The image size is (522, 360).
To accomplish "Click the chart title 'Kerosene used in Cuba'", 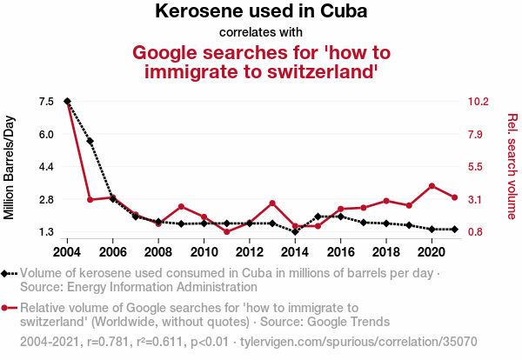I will [261, 12].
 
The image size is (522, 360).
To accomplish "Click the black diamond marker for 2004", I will [67, 102].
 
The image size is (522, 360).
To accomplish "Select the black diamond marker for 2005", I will [90, 141].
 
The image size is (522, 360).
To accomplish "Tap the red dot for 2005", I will [90, 200].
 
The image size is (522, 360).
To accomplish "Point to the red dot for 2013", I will [272, 203].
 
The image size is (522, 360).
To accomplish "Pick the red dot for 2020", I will [432, 186].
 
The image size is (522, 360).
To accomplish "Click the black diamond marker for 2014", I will [295, 232].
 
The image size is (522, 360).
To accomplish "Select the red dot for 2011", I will [226, 232].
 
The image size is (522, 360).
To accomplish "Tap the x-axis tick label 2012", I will [249, 252].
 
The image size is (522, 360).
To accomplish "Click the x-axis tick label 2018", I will [385, 252].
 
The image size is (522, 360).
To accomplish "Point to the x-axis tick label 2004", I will [67, 252].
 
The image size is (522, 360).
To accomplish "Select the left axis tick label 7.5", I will [47, 102].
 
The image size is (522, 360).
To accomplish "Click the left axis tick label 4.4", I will [47, 167].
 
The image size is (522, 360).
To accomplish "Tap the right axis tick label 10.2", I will [478, 102].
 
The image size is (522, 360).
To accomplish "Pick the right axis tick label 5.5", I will [476, 167].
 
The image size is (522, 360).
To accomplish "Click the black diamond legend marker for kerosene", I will [7, 273].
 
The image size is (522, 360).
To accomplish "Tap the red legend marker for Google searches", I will [7, 308].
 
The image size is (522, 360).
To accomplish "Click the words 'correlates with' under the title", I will [261, 33].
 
